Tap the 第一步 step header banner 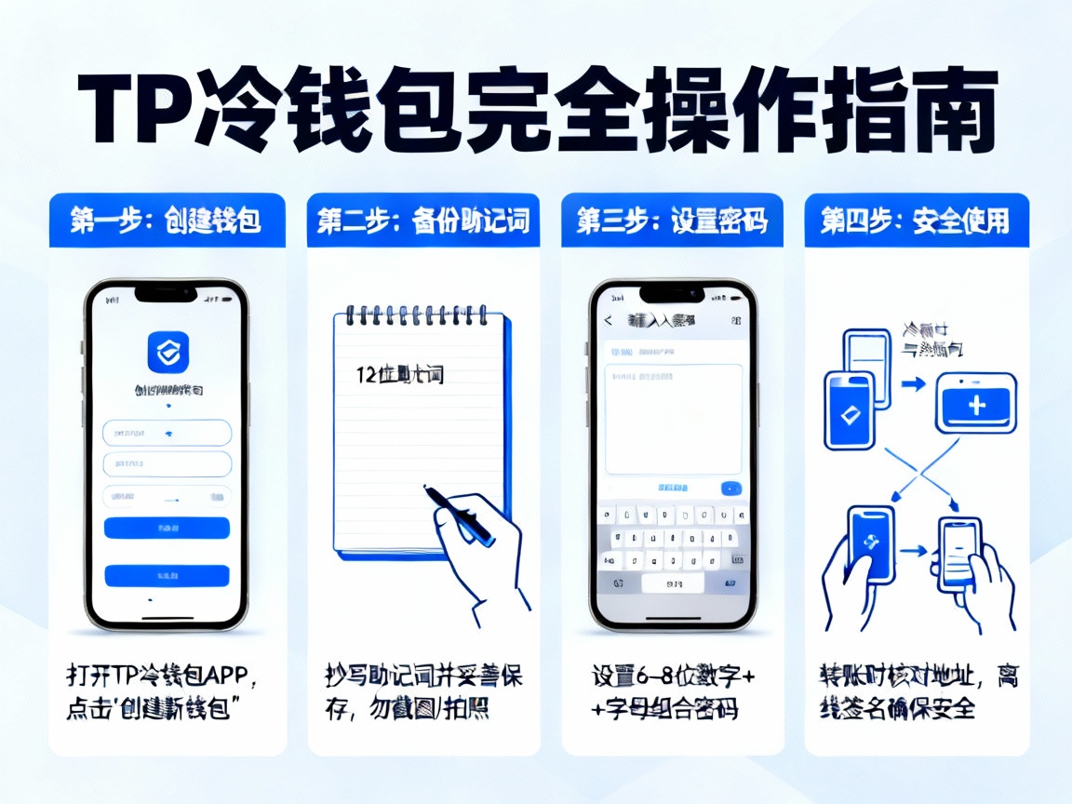point(167,220)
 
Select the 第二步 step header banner point(423,220)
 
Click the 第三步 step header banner point(673,220)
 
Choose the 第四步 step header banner point(916,220)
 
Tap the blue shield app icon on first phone point(167,353)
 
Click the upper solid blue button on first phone point(167,528)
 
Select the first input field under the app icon point(167,433)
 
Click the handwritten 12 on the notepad point(366,375)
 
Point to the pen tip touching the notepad point(427,488)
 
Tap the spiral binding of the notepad point(419,315)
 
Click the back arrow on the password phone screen point(609,320)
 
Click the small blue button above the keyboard point(730,488)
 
